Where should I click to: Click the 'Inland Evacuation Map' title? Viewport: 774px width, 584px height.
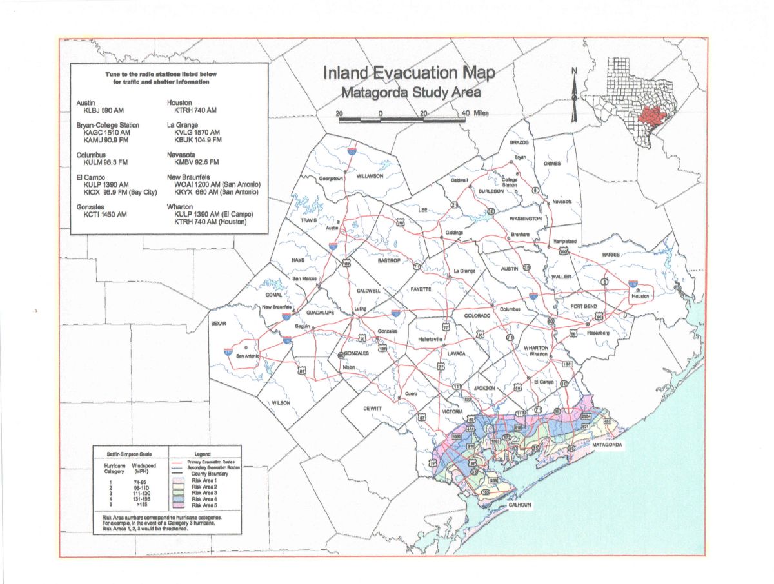click(x=409, y=73)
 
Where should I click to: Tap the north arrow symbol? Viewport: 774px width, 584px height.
click(x=574, y=95)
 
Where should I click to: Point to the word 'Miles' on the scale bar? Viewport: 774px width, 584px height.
click(x=481, y=113)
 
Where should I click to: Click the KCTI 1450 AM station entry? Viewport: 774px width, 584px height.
click(x=103, y=214)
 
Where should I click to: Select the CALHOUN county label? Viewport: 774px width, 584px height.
click(x=520, y=505)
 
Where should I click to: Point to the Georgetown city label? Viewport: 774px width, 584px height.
click(x=330, y=179)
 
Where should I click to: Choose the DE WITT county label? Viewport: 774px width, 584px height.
click(x=372, y=409)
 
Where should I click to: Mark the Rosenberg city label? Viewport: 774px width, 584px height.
click(x=599, y=333)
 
